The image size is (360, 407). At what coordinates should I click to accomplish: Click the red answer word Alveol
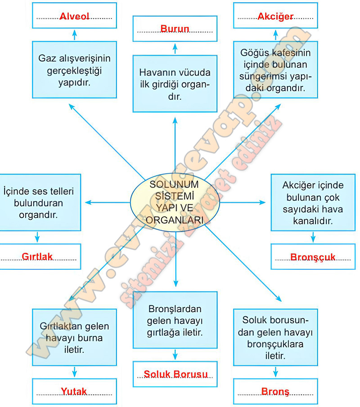(x=74, y=17)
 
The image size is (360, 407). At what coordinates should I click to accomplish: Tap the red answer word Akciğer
(x=275, y=17)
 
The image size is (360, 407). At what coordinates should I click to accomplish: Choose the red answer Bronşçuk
(x=313, y=258)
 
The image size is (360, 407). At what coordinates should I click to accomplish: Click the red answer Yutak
(x=74, y=391)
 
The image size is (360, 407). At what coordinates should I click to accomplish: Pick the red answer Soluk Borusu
(x=175, y=374)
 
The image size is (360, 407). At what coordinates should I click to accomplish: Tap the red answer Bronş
(x=275, y=391)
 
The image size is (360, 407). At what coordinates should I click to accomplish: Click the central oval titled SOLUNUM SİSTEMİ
(x=175, y=202)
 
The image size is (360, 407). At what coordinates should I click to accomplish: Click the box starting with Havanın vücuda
(x=175, y=84)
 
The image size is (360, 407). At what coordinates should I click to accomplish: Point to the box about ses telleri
(x=38, y=203)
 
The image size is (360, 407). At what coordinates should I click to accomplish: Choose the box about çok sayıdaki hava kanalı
(x=313, y=203)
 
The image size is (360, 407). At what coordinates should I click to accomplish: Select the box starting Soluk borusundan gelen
(x=275, y=337)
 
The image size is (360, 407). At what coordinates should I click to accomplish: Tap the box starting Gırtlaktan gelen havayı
(x=74, y=337)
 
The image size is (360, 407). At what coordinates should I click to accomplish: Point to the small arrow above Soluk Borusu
(x=175, y=355)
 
